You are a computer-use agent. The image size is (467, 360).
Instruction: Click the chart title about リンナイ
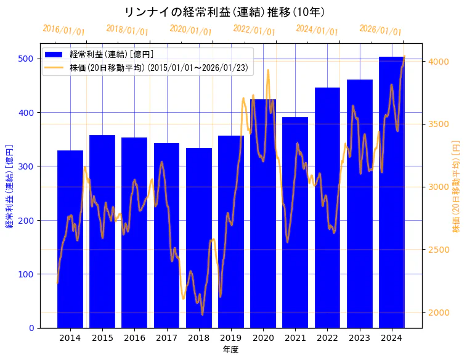[x=224, y=12]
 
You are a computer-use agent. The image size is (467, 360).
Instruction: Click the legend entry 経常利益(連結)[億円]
[x=112, y=55]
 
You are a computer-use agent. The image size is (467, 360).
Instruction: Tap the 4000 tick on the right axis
[x=439, y=62]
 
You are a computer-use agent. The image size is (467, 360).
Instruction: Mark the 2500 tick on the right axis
[x=439, y=250]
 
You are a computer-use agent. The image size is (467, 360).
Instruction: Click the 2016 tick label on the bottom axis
[x=134, y=338]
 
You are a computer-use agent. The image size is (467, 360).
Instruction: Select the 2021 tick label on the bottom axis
[x=295, y=338]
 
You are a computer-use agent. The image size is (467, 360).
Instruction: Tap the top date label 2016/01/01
[x=63, y=30]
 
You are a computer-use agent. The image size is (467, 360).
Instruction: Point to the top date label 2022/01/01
[x=254, y=30]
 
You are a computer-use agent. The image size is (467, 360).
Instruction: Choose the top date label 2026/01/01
[x=380, y=30]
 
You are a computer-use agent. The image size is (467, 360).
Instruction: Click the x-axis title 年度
[x=230, y=350]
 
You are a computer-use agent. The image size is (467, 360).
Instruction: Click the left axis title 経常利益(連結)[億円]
[x=9, y=186]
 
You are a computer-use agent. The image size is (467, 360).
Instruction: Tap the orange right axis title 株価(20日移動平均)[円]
[x=457, y=186]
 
